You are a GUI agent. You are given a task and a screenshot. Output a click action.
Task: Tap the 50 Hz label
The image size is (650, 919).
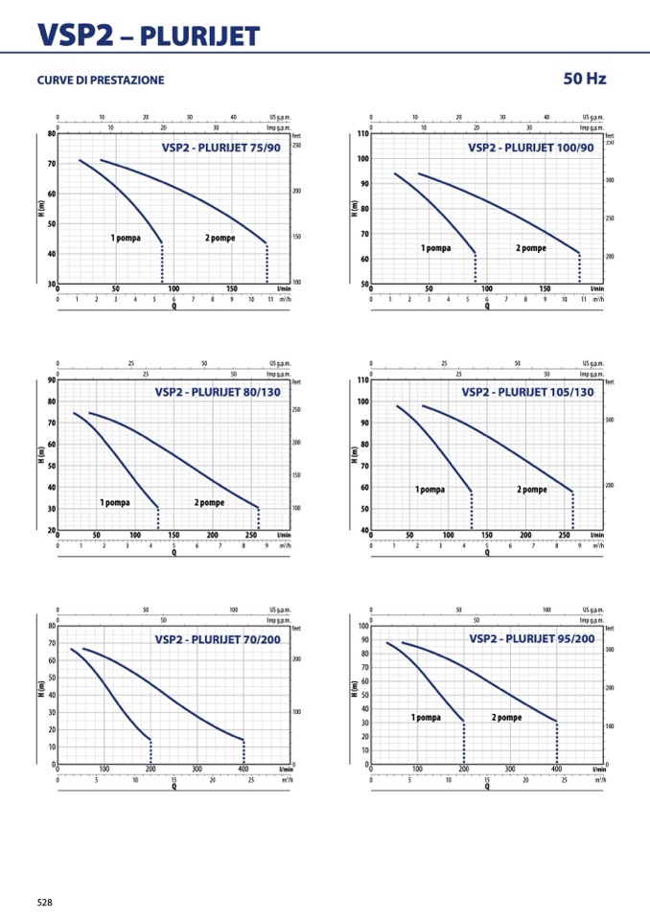(585, 79)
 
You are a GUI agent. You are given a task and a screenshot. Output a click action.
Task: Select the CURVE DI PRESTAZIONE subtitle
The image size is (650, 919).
(101, 80)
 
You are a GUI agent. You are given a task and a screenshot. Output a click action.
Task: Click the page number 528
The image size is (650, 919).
(45, 902)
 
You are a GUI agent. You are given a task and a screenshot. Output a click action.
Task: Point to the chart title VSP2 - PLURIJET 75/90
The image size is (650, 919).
(221, 148)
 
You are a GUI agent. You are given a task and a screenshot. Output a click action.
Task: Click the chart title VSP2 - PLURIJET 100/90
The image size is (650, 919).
(531, 148)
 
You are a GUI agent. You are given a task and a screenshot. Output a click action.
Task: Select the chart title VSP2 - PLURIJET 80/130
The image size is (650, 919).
(218, 392)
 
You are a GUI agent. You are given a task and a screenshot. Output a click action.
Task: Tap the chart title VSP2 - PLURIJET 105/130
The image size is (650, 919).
(527, 392)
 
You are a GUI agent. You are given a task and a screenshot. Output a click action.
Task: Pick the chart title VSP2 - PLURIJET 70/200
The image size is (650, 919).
(218, 638)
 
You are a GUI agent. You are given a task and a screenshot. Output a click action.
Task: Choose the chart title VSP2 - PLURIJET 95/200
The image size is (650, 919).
(531, 638)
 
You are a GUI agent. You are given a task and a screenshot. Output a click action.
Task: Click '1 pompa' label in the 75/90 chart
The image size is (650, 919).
(127, 238)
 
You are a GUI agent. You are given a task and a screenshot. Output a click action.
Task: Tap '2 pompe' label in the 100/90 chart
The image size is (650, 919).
(531, 248)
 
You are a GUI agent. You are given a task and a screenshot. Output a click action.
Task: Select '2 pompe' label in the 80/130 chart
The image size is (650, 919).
(209, 502)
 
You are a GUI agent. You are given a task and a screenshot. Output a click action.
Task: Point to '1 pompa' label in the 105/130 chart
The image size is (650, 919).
(429, 490)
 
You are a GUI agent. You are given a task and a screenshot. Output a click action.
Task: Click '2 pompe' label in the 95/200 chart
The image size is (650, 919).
(507, 717)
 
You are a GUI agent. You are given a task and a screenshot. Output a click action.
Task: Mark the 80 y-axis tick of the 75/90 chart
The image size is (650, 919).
(51, 133)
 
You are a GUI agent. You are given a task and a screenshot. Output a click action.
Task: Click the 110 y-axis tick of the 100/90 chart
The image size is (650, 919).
(362, 133)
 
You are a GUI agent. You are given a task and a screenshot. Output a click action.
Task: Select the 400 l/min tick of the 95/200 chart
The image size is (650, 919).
(556, 769)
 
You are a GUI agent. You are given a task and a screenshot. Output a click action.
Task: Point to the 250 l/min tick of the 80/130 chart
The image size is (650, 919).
(251, 535)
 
